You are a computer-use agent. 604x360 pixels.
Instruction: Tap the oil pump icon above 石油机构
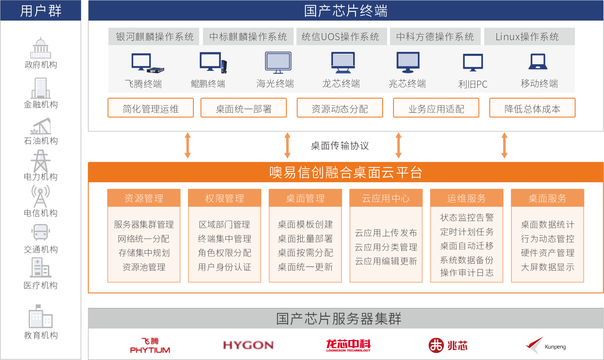41,126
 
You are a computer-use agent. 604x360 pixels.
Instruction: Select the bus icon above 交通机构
41,232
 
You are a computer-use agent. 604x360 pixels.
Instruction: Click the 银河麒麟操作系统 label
154,37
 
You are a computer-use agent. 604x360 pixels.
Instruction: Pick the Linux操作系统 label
527,37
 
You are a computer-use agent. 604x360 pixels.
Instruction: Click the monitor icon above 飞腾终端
147,63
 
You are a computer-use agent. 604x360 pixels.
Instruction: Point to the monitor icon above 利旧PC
473,63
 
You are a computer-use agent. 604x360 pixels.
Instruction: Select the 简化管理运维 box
151,109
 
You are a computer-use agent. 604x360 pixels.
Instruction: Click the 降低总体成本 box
532,109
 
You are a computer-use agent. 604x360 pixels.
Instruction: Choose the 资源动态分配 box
340,109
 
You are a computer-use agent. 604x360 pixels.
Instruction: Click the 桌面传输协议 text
340,146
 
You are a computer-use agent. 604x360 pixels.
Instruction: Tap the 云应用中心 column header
386,198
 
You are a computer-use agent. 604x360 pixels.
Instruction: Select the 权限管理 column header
224,198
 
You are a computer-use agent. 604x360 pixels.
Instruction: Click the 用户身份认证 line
224,267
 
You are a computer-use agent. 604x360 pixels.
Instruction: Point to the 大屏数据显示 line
547,267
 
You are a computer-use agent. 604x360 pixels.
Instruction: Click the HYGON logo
248,345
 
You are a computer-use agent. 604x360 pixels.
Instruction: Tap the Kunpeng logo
545,345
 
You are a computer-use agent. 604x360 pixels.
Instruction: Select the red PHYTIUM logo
150,346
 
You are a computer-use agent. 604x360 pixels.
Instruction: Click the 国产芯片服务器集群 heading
339,318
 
